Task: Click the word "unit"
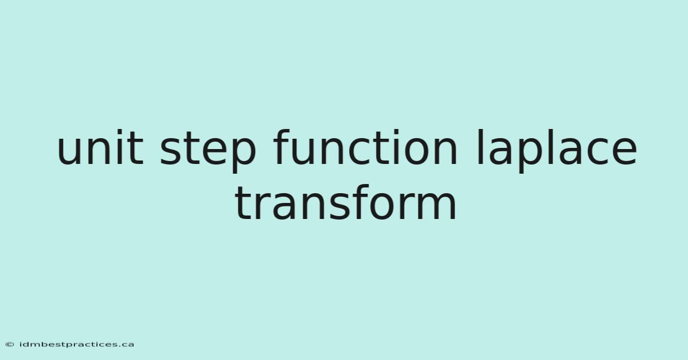pyautogui.click(x=100, y=147)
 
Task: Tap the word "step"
pyautogui.click(x=208, y=151)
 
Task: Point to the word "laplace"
pyautogui.click(x=557, y=151)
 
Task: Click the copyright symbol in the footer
pyautogui.click(x=10, y=345)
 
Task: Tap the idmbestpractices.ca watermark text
pyautogui.click(x=76, y=345)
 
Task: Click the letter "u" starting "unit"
pyautogui.click(x=70, y=152)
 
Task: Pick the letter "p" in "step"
pyautogui.click(x=243, y=155)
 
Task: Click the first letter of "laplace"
pyautogui.click(x=480, y=147)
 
